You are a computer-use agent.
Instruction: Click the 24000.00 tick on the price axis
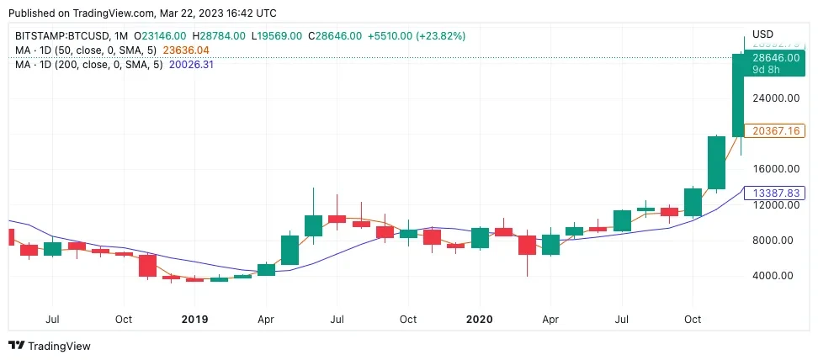coord(775,98)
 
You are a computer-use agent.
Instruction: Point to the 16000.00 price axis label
coord(775,168)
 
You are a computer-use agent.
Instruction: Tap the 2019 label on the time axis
coord(194,320)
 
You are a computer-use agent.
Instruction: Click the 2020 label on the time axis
coord(479,320)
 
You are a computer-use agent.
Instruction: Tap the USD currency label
coord(762,34)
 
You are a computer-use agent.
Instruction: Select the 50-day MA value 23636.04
coord(185,50)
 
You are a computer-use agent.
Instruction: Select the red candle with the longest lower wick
coord(527,245)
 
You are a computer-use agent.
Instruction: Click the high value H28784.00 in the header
coord(219,36)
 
